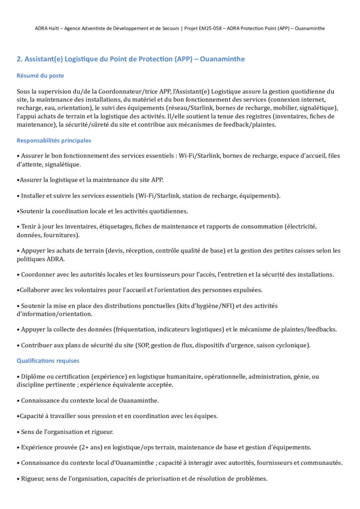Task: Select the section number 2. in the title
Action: coord(20,59)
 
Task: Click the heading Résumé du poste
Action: coord(40,76)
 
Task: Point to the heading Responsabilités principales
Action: coord(54,141)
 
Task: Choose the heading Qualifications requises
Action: coord(48,361)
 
